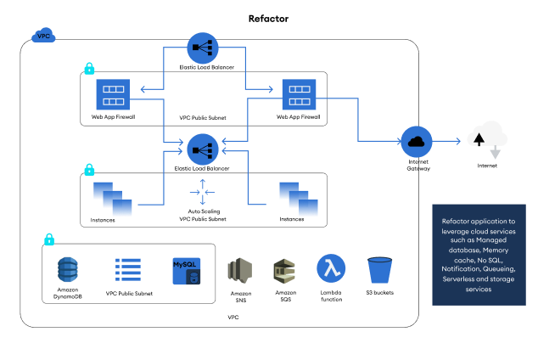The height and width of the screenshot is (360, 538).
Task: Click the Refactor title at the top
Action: pos(269,18)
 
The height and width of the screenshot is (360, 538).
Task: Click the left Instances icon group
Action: pos(113,198)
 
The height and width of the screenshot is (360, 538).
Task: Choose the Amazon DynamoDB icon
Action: pos(67,271)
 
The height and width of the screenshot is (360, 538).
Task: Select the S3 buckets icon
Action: pos(379,271)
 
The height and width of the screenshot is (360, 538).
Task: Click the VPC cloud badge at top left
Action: pos(42,37)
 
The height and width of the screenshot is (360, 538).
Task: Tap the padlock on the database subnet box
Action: pos(48,239)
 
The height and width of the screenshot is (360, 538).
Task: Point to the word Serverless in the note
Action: pos(460,278)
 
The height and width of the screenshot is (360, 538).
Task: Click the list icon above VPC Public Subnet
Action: pos(127,270)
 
